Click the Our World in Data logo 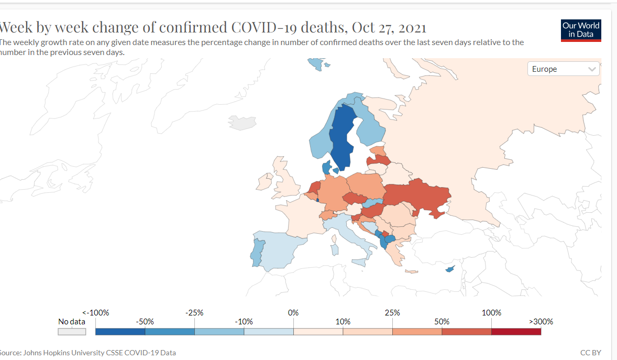[581, 30]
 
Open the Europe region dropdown [563, 69]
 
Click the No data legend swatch [72, 331]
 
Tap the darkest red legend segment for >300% [516, 331]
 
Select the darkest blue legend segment [120, 331]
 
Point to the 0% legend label [293, 312]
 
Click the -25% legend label [194, 312]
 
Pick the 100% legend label [491, 312]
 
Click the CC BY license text [590, 353]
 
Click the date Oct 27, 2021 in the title [389, 27]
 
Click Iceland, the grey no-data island [241, 123]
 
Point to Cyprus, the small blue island [449, 269]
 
